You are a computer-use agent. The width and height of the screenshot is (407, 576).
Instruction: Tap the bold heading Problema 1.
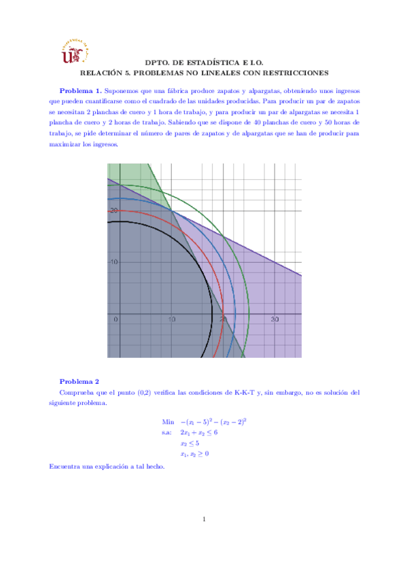81,91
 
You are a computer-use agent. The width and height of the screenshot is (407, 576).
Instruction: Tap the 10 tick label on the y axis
114,262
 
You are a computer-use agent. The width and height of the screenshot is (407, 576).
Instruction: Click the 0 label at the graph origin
116,319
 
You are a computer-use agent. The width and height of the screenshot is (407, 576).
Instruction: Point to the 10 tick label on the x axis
172,319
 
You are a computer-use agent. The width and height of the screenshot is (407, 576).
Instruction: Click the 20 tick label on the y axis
114,210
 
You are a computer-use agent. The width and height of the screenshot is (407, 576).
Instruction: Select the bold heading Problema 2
79,381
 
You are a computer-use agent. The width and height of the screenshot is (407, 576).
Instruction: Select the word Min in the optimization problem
169,421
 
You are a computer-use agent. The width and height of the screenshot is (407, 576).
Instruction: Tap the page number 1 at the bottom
204,520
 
